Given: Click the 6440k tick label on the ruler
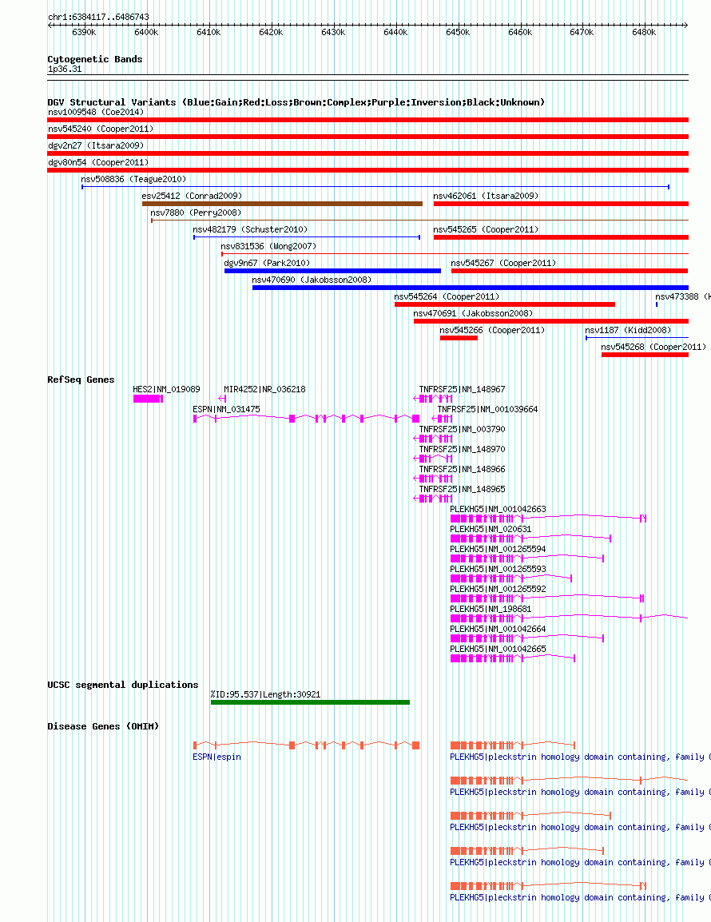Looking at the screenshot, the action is point(395,32).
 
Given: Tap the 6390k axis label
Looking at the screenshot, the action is point(84,32).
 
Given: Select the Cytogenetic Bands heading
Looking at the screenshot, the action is point(95,59).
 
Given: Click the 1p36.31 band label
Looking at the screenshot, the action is point(65,70).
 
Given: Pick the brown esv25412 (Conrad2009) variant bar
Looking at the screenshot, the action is point(282,204).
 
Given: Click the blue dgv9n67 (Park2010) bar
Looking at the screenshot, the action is point(332,271).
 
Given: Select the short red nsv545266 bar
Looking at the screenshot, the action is point(459,338).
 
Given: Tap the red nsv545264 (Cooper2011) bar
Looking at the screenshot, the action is point(505,304).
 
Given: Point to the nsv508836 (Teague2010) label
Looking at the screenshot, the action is point(133,179).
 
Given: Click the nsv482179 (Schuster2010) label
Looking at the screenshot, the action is point(250,229).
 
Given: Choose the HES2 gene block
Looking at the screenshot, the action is point(148,399).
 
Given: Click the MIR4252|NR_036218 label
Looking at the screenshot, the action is point(264,389).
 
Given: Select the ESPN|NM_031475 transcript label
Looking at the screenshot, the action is point(226,409).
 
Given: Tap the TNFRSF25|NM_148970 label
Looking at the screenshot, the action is point(463,449).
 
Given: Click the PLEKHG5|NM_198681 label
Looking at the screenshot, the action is point(491,609).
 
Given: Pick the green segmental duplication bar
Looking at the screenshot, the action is point(311,702).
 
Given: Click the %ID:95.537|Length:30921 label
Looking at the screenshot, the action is point(266,694).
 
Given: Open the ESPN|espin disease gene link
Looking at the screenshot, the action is point(217,757).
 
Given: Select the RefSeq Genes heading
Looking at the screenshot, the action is point(81,380).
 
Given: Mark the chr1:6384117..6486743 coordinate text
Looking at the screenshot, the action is point(98,17).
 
